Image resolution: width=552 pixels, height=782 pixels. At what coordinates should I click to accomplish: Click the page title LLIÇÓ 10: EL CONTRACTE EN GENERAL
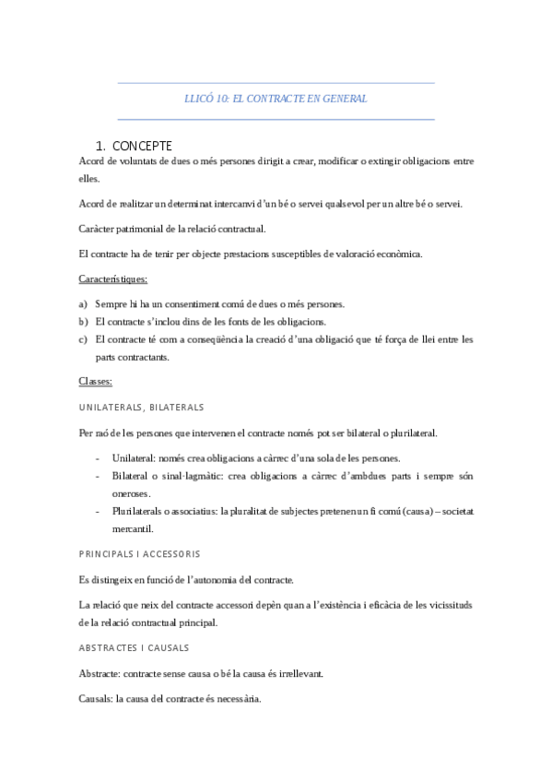coord(276,99)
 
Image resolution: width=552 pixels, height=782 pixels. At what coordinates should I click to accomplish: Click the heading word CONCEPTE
coord(141,146)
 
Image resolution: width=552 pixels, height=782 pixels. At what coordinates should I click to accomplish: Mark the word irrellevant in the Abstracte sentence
coord(299,674)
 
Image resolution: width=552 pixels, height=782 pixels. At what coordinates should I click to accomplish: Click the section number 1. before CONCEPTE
coord(100,146)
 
